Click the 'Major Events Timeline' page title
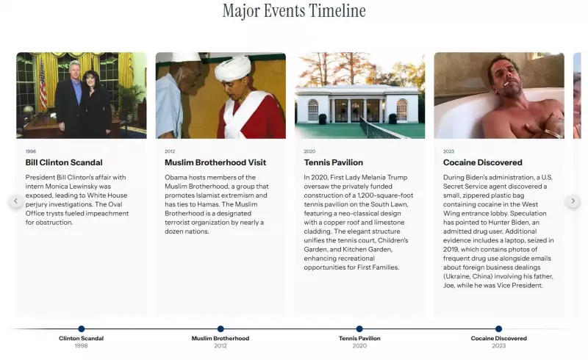(x=294, y=11)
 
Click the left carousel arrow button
(x=15, y=201)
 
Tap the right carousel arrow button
(x=573, y=201)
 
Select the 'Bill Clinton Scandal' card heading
(x=64, y=162)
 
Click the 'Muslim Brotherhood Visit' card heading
(x=215, y=162)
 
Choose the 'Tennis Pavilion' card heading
(x=333, y=162)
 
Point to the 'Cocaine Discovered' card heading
(x=483, y=162)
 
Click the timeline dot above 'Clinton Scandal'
(x=82, y=328)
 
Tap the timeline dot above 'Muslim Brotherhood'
(x=220, y=328)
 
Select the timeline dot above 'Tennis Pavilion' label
(x=359, y=328)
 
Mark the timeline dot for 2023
(x=498, y=328)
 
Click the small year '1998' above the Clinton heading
(x=30, y=151)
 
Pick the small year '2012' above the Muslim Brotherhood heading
(x=170, y=151)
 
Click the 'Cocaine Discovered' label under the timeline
(x=498, y=339)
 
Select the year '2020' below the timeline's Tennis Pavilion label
(x=359, y=345)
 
